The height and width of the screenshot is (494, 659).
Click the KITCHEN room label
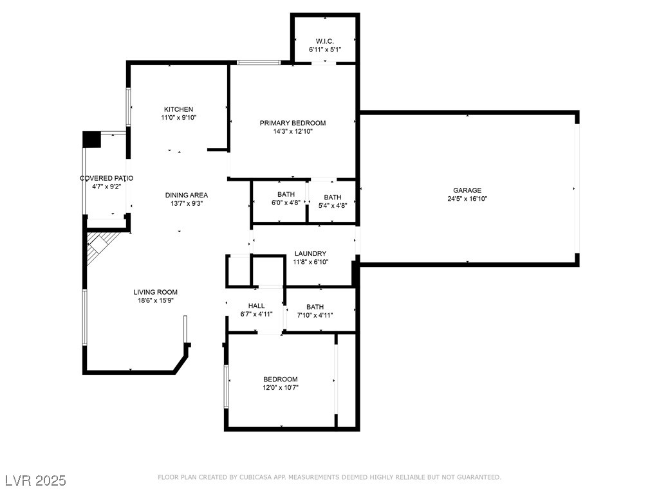point(179,109)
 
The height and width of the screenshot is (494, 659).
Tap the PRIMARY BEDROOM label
point(293,123)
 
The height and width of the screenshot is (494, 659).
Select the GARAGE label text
point(467,190)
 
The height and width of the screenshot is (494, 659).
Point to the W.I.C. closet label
point(325,41)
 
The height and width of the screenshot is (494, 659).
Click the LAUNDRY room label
point(310,253)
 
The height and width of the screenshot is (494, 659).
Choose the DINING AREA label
point(186,195)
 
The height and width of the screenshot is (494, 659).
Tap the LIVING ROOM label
point(156,292)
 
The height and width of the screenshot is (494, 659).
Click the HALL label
point(256,306)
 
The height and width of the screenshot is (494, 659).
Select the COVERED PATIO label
point(107,178)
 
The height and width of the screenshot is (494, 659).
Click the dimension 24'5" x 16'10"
point(467,199)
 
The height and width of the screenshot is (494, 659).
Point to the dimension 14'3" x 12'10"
point(293,131)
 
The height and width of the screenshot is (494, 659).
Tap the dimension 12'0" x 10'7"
point(281,388)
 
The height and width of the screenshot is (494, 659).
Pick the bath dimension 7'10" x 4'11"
point(315,315)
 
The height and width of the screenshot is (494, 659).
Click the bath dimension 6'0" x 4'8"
point(286,203)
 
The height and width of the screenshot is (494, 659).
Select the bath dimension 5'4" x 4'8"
point(333,205)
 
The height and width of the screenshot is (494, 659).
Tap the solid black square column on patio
point(91,140)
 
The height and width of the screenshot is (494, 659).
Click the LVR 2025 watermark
point(36,480)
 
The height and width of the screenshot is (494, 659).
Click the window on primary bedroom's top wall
point(259,62)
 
